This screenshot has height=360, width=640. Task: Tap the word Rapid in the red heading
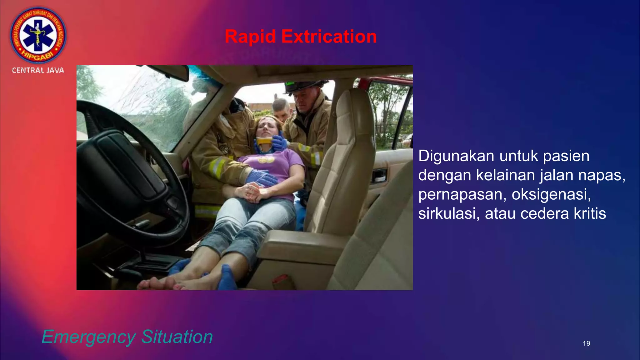coord(250,37)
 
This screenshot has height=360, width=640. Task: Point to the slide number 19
coord(586,343)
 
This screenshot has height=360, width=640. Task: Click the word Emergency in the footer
coord(88,337)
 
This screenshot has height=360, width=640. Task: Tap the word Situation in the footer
coord(177,337)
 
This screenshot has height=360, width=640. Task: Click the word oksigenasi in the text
coord(551,194)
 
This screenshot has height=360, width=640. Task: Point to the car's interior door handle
coord(379,176)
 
